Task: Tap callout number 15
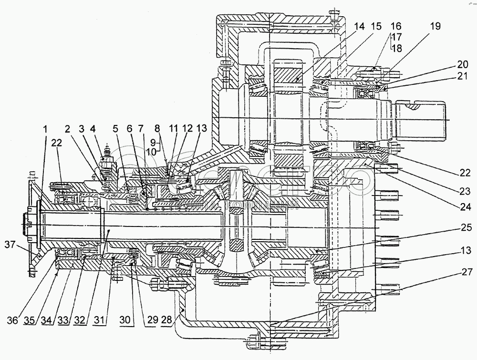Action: tap(376, 27)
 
